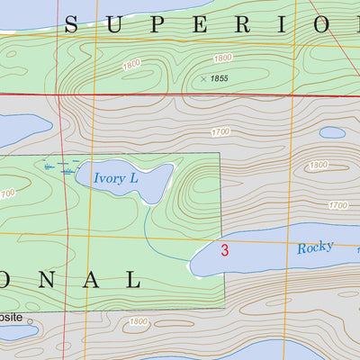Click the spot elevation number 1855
pyautogui.click(x=219, y=79)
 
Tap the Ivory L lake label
pyautogui.click(x=115, y=178)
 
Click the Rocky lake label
pyautogui.click(x=315, y=247)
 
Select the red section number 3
pyautogui.click(x=225, y=250)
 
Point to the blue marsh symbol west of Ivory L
pyautogui.click(x=56, y=166)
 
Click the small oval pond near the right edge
pyautogui.click(x=332, y=132)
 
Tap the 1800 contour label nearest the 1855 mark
pyautogui.click(x=222, y=58)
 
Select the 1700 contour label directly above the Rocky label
pyautogui.click(x=337, y=205)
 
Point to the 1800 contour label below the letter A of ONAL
pyautogui.click(x=138, y=321)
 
